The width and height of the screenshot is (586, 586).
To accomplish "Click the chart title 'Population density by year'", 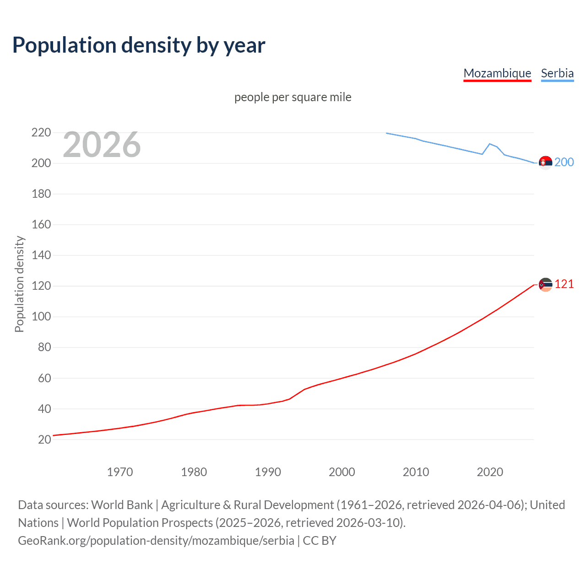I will coord(139,45).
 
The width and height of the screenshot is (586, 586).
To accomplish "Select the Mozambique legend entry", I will coord(497,73).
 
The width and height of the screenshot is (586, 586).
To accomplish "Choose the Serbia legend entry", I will coord(557,73).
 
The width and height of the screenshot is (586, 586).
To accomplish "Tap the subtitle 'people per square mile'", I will coord(293,97).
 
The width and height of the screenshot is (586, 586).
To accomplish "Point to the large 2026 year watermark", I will coord(102,145).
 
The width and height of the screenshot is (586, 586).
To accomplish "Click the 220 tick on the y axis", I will coord(41,133).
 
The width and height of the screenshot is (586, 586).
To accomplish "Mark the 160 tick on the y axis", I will coord(41,225).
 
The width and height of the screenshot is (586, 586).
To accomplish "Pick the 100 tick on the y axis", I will coord(41,317).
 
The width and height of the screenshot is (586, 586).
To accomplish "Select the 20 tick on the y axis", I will coord(44,439).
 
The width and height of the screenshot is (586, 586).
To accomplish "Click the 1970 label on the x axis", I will coord(120,472).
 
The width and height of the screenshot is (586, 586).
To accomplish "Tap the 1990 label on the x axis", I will coord(268,472).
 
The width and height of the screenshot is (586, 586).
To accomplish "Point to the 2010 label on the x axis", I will coord(416,472).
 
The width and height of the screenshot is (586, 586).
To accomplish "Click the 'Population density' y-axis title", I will coord(19,284).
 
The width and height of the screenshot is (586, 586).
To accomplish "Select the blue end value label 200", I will coord(564,163).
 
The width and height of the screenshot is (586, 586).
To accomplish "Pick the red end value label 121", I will coord(564,284).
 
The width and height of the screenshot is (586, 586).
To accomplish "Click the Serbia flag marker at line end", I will coord(545,163).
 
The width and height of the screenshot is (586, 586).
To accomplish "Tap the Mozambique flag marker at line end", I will coord(545,285).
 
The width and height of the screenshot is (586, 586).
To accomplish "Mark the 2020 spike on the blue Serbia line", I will coord(490,144).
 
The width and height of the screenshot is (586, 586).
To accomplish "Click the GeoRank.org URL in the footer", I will coord(156,541).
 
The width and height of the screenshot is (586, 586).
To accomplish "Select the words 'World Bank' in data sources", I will coord(122,505).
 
